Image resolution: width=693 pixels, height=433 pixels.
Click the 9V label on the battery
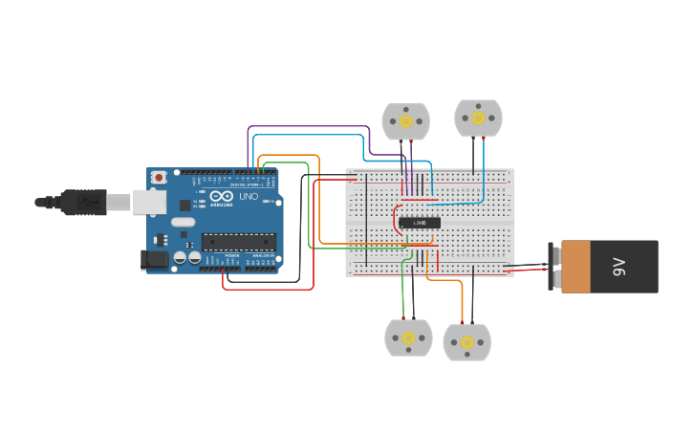[619, 267]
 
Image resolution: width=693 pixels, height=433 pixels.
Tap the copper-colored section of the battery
[575, 267]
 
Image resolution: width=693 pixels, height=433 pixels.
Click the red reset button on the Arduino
[159, 177]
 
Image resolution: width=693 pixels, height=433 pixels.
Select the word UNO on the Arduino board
[248, 196]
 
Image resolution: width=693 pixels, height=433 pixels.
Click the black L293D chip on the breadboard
[420, 223]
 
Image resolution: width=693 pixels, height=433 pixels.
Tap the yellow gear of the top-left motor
[405, 121]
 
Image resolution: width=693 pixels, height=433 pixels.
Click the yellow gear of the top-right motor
[477, 118]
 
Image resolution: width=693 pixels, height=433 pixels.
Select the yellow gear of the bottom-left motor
[408, 337]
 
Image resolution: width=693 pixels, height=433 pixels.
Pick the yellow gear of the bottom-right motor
[466, 342]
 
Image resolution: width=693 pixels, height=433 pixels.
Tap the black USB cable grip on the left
[82, 202]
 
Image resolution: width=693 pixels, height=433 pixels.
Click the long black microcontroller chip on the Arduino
[238, 241]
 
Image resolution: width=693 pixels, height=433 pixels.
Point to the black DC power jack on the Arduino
[153, 259]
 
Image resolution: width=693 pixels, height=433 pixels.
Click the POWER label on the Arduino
[232, 256]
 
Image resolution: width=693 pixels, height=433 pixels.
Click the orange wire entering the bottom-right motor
[463, 306]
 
